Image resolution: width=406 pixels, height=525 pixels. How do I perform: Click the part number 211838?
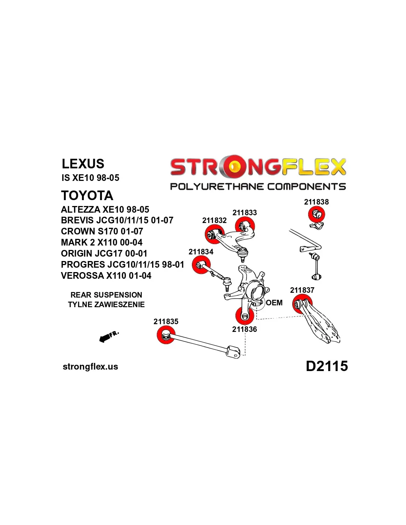[316, 202]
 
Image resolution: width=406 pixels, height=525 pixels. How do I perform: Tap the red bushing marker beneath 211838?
[316, 214]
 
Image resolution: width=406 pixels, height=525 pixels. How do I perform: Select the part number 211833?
[245, 213]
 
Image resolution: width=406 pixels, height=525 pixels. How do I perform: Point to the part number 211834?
[201, 252]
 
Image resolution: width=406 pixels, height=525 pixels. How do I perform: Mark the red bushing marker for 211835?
[166, 335]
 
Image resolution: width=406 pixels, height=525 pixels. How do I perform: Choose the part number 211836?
[244, 329]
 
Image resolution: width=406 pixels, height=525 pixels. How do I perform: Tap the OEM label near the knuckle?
[274, 303]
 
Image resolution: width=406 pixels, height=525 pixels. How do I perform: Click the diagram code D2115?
[327, 366]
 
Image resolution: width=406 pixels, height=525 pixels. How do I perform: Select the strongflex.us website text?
[90, 367]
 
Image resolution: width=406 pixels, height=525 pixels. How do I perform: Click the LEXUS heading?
[83, 164]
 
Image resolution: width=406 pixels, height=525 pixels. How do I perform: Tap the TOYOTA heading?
[87, 195]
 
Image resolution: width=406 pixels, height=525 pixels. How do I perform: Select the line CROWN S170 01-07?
[102, 231]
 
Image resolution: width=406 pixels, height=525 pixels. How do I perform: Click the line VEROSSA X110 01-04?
[106, 276]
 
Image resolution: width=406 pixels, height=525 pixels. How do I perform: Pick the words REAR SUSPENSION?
[106, 295]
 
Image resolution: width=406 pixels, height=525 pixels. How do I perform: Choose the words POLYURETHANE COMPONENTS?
[258, 187]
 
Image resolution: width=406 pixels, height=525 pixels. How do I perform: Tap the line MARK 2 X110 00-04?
[101, 243]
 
